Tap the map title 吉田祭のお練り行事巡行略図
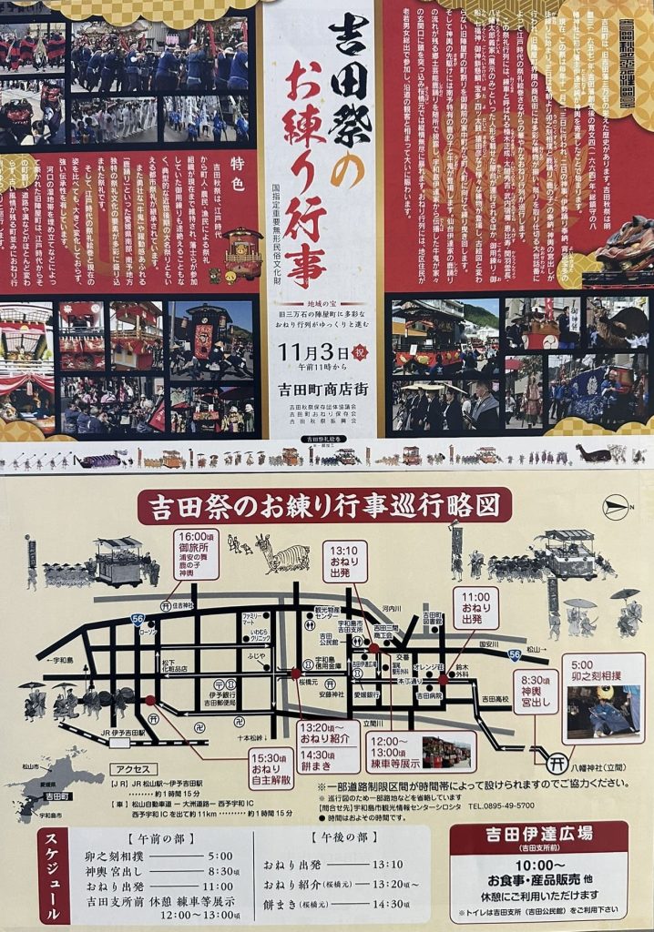[324, 505]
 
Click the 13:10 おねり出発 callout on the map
[344, 561]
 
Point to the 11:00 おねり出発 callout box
[475, 607]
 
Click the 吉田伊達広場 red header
[537, 835]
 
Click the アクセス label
[132, 768]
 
